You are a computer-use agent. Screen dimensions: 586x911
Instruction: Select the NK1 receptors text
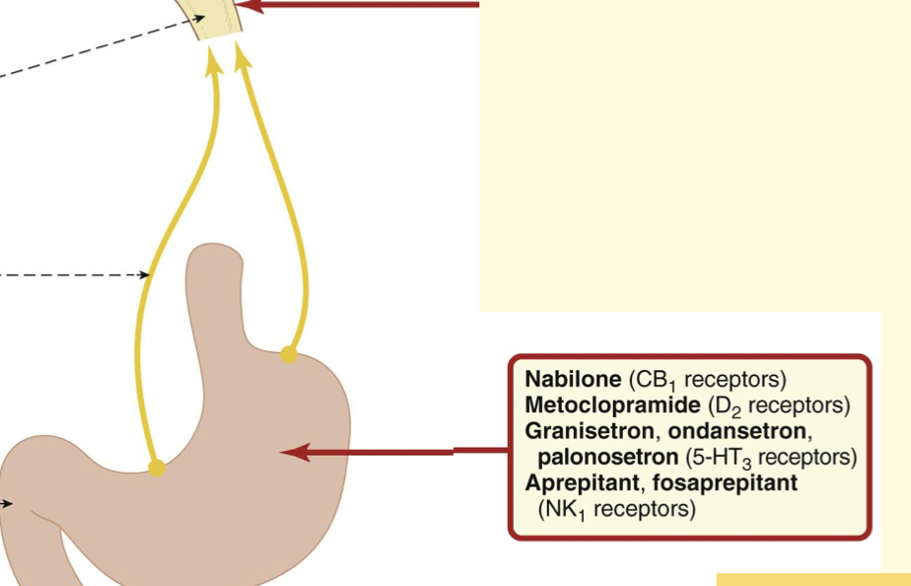click(617, 510)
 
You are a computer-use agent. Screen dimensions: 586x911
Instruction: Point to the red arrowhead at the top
click(249, 6)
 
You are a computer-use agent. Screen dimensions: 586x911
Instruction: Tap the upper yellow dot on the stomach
click(288, 354)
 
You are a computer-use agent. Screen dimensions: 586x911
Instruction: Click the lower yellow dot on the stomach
click(157, 468)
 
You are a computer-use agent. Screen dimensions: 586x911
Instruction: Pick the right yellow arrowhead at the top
click(243, 57)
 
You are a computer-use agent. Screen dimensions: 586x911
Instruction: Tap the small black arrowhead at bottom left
click(9, 504)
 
